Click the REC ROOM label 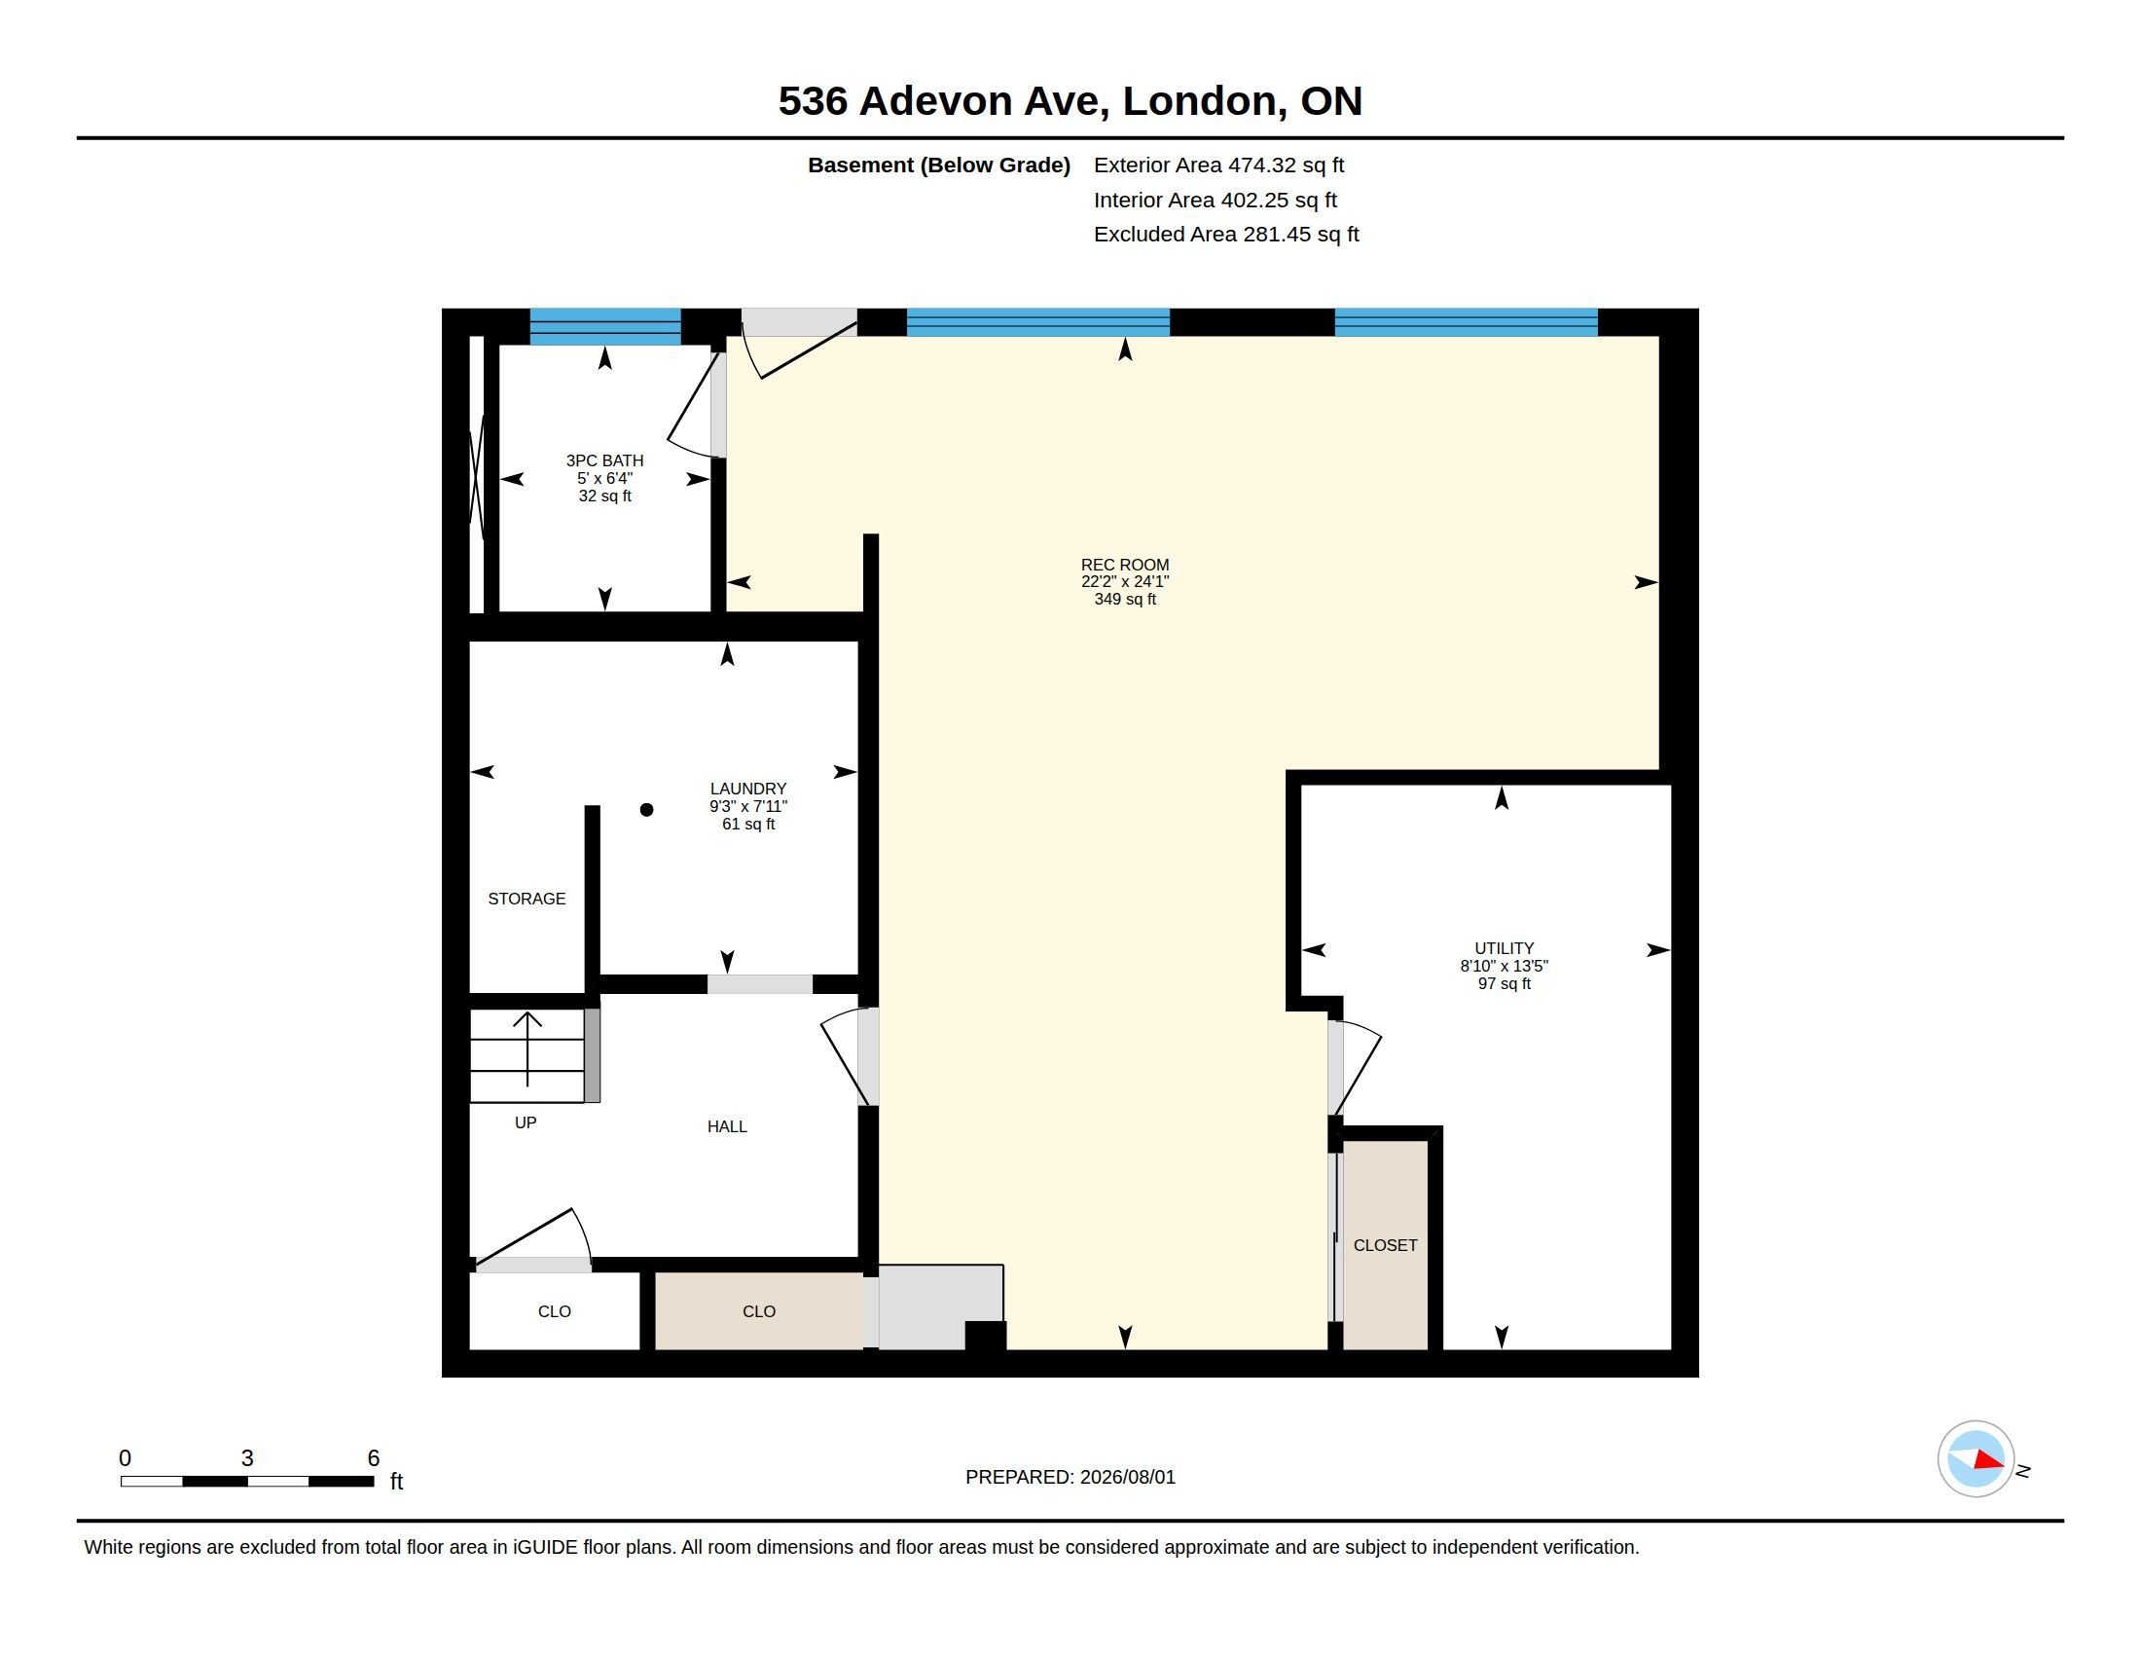[x=1124, y=565]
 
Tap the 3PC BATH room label [x=604, y=460]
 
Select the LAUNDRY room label [x=748, y=789]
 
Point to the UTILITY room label [x=1504, y=948]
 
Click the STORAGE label [x=526, y=899]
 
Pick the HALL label [x=726, y=1126]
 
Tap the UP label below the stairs [x=526, y=1122]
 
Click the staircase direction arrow [x=527, y=1049]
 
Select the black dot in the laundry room [x=646, y=810]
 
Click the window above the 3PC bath [x=605, y=325]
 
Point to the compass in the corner [x=1976, y=1459]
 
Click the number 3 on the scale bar [x=247, y=1458]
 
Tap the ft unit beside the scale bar [x=397, y=1481]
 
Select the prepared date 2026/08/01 [x=1127, y=1477]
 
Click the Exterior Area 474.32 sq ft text [x=1218, y=165]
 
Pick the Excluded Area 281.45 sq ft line [x=1226, y=235]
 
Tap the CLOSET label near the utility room [x=1385, y=1245]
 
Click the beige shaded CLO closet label [x=759, y=1311]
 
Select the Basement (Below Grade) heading [x=938, y=165]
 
